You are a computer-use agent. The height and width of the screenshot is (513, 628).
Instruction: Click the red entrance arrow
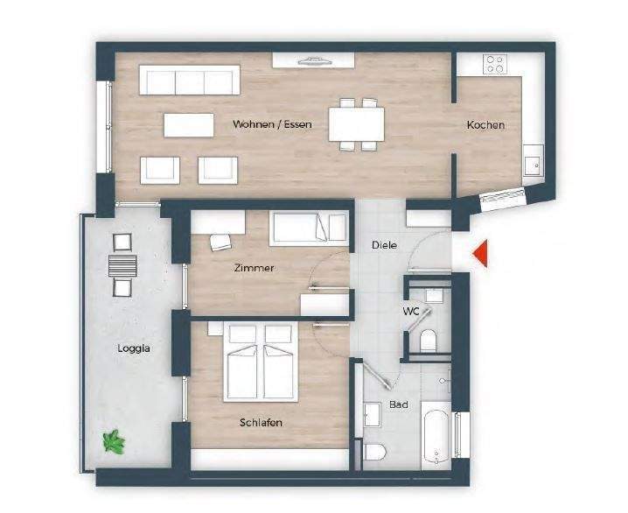click(x=479, y=254)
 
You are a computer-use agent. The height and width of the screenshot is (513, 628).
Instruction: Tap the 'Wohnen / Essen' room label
click(x=272, y=124)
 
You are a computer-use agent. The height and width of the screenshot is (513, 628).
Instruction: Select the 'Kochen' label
click(x=485, y=125)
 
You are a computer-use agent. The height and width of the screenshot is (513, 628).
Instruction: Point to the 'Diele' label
click(x=384, y=245)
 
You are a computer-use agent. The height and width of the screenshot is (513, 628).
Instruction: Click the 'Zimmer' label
click(x=254, y=268)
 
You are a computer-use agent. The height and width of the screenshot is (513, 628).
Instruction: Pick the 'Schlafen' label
click(x=261, y=422)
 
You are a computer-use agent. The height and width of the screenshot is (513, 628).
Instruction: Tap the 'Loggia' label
click(x=134, y=348)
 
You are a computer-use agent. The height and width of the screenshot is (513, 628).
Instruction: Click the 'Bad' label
click(x=399, y=404)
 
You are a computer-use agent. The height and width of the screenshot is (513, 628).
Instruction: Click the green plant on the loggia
click(x=113, y=442)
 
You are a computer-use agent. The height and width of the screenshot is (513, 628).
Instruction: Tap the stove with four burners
click(x=495, y=64)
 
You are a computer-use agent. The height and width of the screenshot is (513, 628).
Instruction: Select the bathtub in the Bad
click(x=435, y=432)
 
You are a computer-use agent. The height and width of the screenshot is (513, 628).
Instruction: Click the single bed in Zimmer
click(x=310, y=229)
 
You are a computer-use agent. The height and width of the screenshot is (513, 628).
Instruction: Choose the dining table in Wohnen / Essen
click(x=357, y=123)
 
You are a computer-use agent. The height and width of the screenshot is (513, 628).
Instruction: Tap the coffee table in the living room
click(x=188, y=125)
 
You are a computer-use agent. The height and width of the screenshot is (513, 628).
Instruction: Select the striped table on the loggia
click(x=122, y=264)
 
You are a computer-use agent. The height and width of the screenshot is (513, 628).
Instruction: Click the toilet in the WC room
click(x=429, y=341)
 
